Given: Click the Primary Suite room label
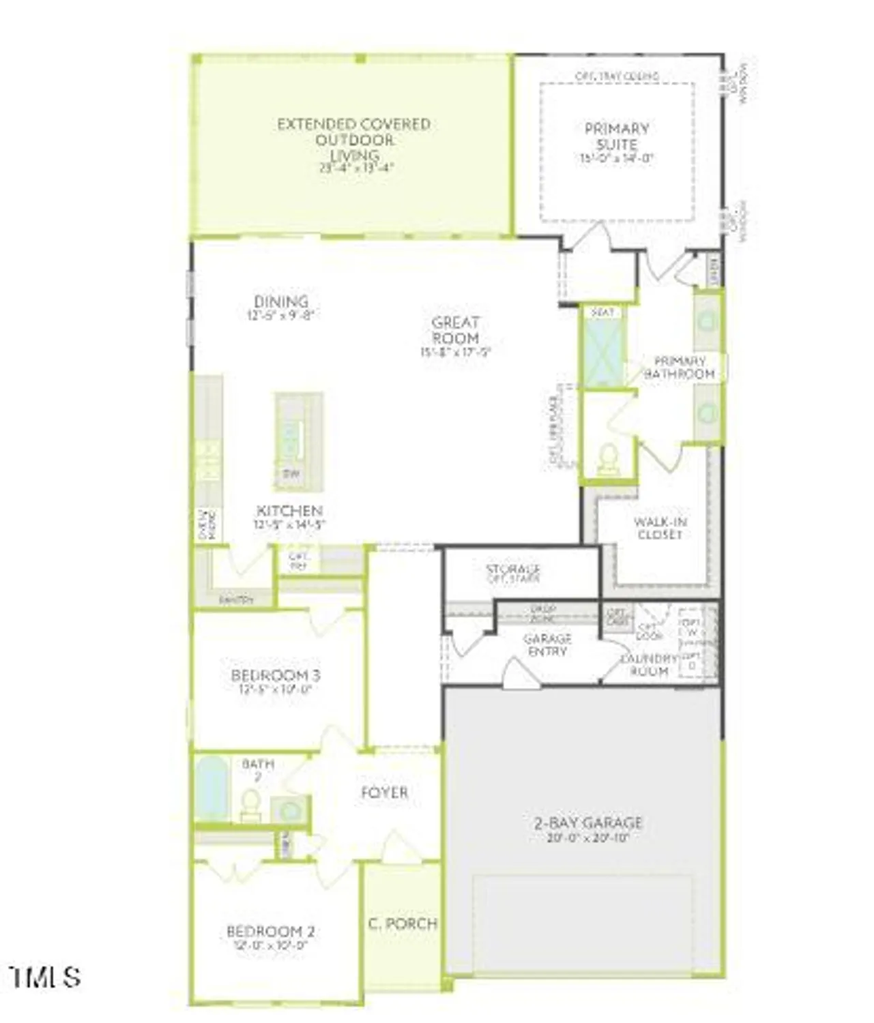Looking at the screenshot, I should click(x=617, y=136).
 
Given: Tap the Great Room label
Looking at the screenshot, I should click(x=455, y=330).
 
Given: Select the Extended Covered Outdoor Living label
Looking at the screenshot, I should click(x=353, y=140).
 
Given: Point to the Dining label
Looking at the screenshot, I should click(x=281, y=301).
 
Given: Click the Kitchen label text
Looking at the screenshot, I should click(x=289, y=511).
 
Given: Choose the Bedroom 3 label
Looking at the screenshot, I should click(x=276, y=675).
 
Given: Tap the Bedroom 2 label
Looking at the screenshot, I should click(x=270, y=932).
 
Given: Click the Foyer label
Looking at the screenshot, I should click(x=384, y=792).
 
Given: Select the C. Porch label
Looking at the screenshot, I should click(x=403, y=923).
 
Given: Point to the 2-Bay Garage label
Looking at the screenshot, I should click(x=587, y=822).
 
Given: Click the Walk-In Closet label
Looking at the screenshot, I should click(x=660, y=529).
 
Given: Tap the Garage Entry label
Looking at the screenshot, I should click(x=547, y=645).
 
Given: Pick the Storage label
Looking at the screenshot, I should click(x=513, y=569).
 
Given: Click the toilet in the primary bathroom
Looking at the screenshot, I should click(x=607, y=460).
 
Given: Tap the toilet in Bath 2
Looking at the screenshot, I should click(x=250, y=805).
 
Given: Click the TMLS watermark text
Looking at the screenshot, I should click(x=46, y=977).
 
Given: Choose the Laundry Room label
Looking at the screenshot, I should click(x=649, y=665).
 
